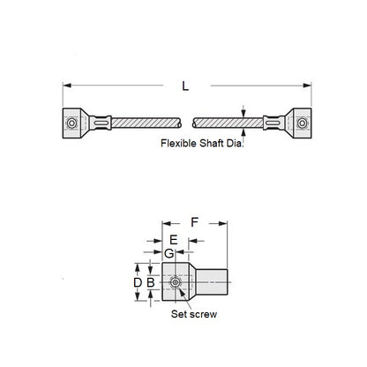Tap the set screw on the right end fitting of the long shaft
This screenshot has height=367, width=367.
coord(301,122)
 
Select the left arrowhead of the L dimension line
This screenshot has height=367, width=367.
coord(66,84)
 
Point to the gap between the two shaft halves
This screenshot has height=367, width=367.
coord(186,122)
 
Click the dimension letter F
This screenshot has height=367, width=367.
coord(193,224)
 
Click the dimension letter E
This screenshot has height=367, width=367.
coord(173,241)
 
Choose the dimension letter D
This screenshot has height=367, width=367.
coord(137,282)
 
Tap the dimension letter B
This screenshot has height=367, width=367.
coord(151,282)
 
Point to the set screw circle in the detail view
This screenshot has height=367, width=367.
coord(176,282)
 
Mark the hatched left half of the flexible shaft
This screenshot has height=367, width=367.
coord(146,122)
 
